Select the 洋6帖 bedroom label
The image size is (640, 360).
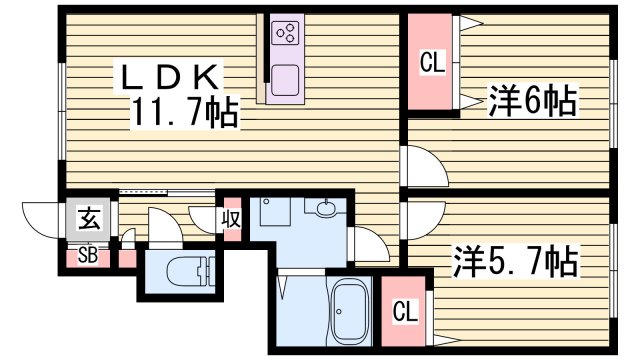[533, 100]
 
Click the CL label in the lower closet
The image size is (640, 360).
[404, 311]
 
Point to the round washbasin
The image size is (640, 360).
[326, 211]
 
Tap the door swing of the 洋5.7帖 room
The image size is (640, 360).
[421, 217]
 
